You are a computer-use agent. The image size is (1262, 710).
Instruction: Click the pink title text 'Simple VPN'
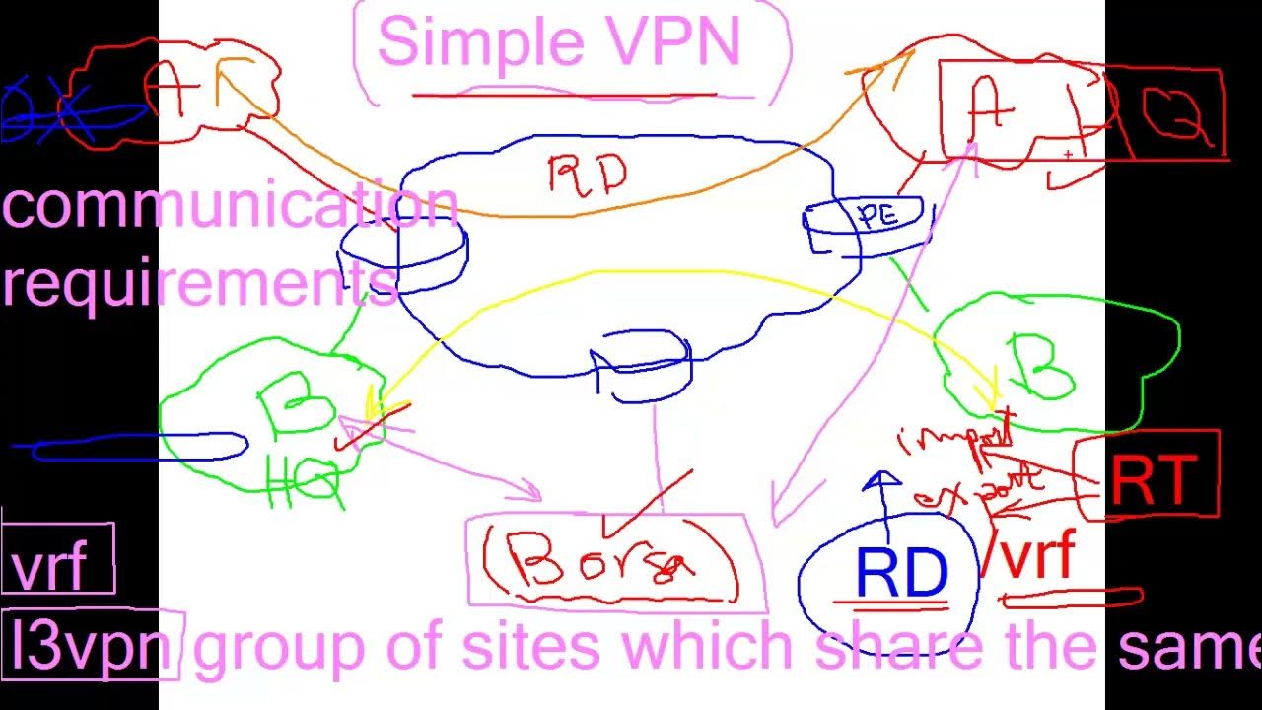pos(558,42)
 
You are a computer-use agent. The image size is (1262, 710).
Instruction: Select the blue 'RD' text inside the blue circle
pos(901,575)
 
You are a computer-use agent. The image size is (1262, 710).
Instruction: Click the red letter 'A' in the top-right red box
pos(990,108)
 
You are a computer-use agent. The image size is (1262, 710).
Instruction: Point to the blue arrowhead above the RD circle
pos(881,481)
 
